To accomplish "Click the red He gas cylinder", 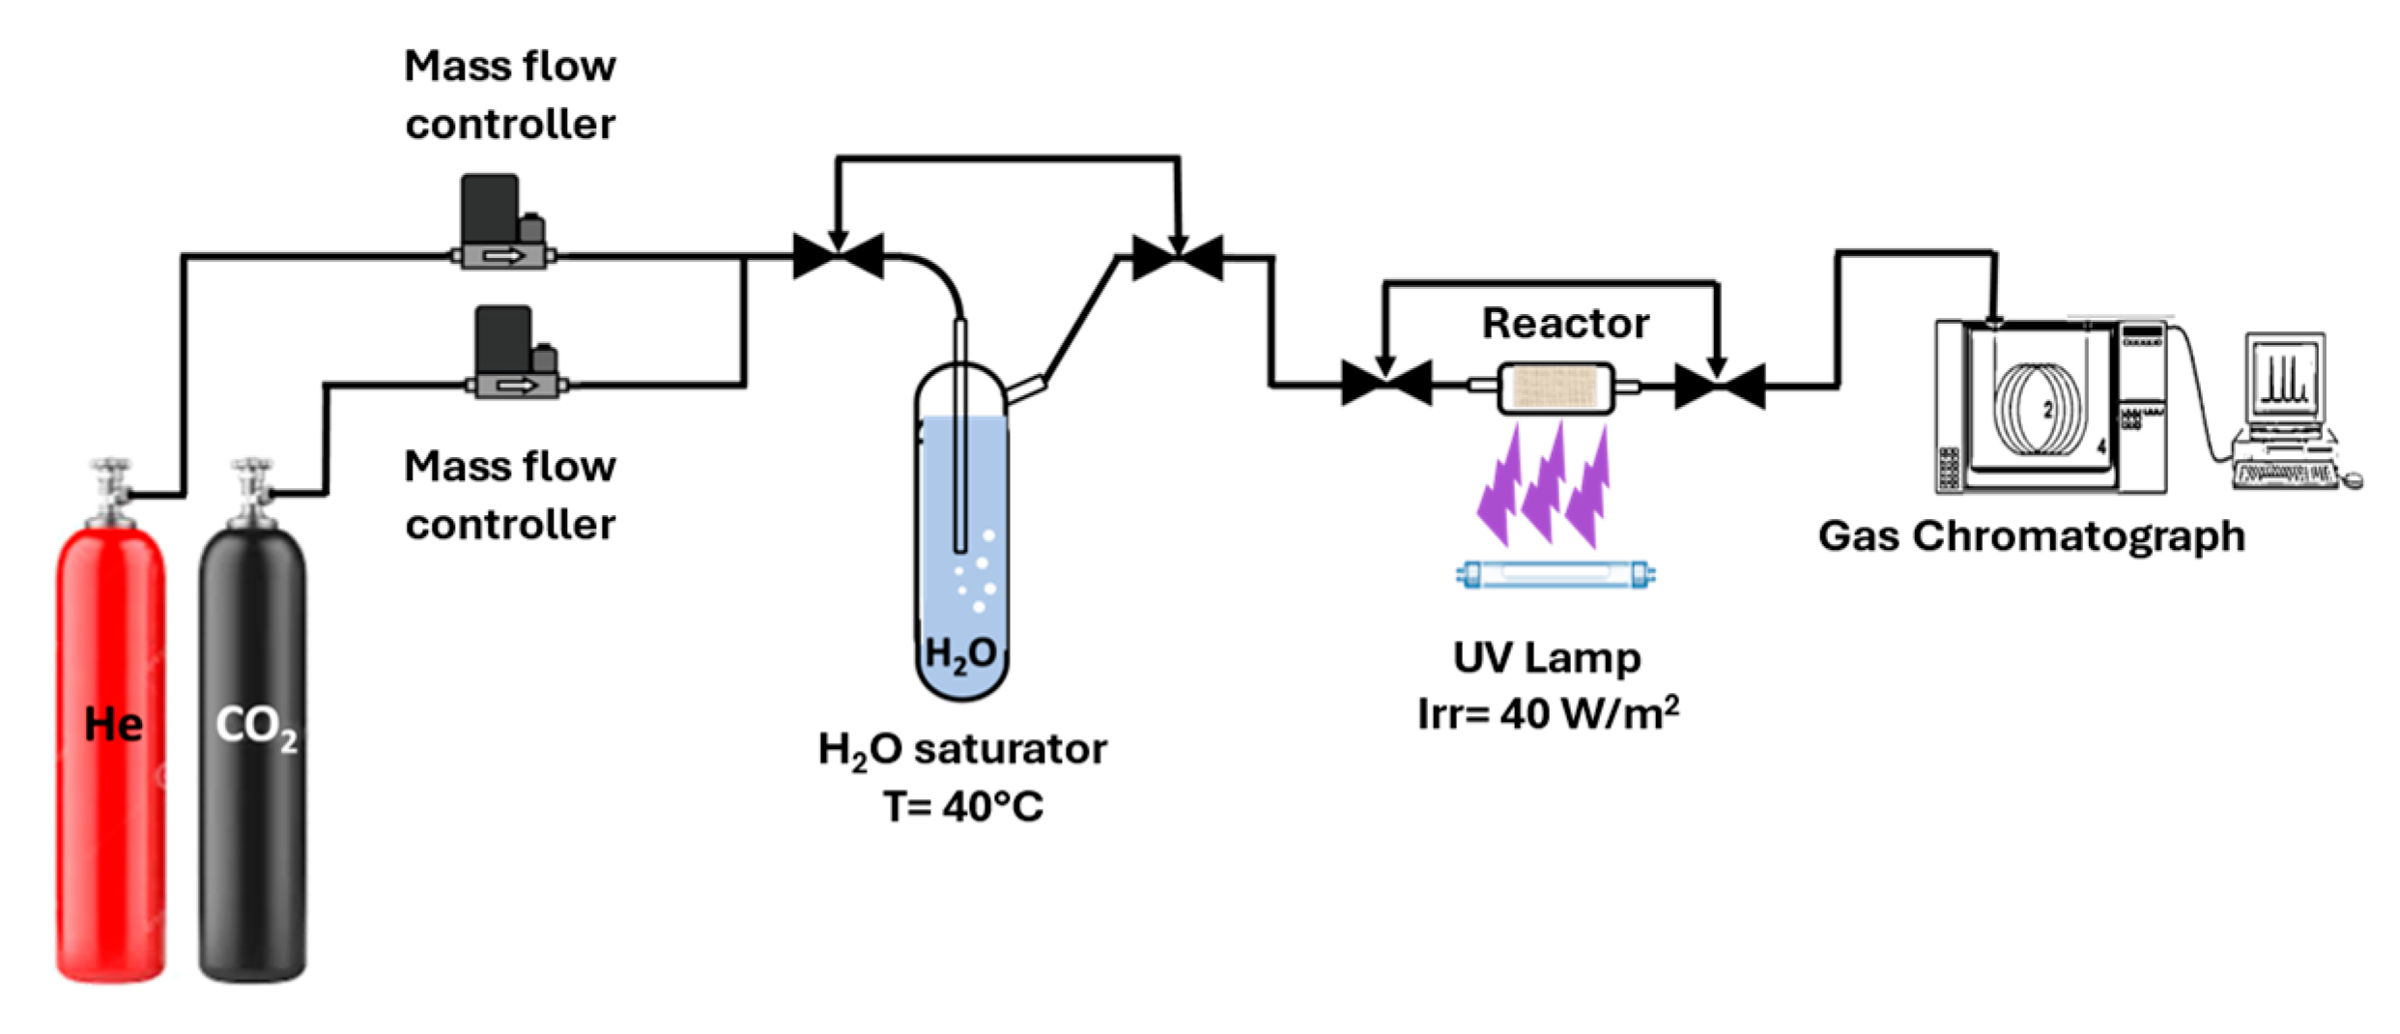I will [x=111, y=754].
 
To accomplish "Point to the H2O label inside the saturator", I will [x=960, y=654].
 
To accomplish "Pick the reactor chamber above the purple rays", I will [x=1556, y=388].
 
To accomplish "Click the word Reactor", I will [x=1565, y=323].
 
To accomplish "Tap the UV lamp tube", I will [x=1556, y=575].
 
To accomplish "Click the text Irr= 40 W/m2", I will [x=1548, y=713].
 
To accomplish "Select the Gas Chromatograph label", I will [x=2031, y=535].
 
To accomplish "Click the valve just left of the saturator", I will [x=838, y=256].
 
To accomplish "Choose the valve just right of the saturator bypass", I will [x=1178, y=257].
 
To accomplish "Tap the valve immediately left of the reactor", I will [x=1386, y=384].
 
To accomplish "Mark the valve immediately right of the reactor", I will [x=1720, y=386].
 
